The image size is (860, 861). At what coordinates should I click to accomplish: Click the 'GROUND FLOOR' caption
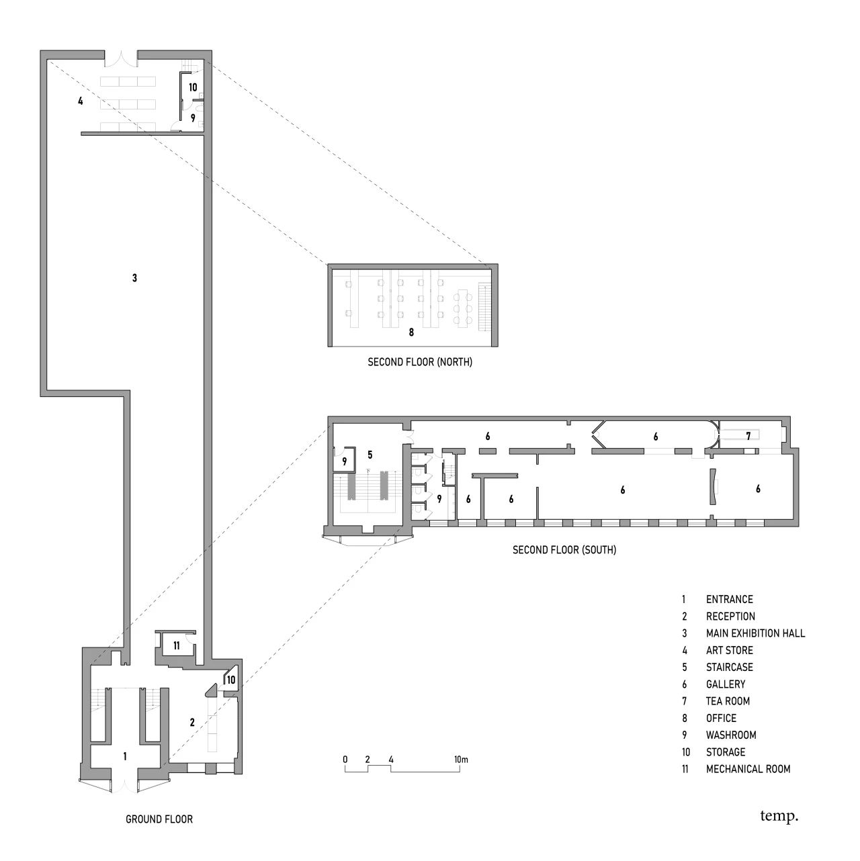(x=159, y=819)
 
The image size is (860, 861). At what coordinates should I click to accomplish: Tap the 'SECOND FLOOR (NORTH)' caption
(x=420, y=362)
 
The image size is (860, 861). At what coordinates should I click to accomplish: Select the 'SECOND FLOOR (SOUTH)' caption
(x=564, y=549)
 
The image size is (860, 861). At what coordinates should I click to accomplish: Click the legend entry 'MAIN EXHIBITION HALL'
(x=755, y=633)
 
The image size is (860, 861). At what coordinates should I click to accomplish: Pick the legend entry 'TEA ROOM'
(x=728, y=701)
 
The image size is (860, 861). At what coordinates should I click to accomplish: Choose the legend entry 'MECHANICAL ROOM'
(x=748, y=769)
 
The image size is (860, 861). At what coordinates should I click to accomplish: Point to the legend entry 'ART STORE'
(x=729, y=650)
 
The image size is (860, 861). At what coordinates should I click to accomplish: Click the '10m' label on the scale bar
(x=460, y=760)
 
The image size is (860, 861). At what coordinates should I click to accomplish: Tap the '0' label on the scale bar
(x=345, y=760)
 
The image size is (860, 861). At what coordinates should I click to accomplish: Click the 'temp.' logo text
(x=779, y=817)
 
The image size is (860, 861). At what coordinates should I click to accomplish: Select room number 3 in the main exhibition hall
(x=134, y=277)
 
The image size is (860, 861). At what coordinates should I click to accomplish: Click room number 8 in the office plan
(x=411, y=332)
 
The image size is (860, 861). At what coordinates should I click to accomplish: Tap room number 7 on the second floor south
(x=748, y=436)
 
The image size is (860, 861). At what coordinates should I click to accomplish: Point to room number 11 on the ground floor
(x=177, y=645)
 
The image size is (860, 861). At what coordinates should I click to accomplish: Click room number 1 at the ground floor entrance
(x=125, y=756)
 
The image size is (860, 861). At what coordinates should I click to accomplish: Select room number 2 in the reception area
(x=192, y=723)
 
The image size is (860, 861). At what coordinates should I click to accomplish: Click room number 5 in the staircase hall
(x=370, y=455)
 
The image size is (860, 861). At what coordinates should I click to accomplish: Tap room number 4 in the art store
(x=81, y=101)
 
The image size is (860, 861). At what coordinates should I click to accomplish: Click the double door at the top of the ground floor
(x=121, y=59)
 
